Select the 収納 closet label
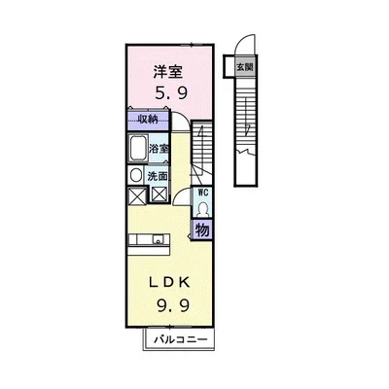click(147, 120)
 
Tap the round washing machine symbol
click(136, 175)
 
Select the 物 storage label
click(202, 230)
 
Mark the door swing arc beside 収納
click(181, 122)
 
